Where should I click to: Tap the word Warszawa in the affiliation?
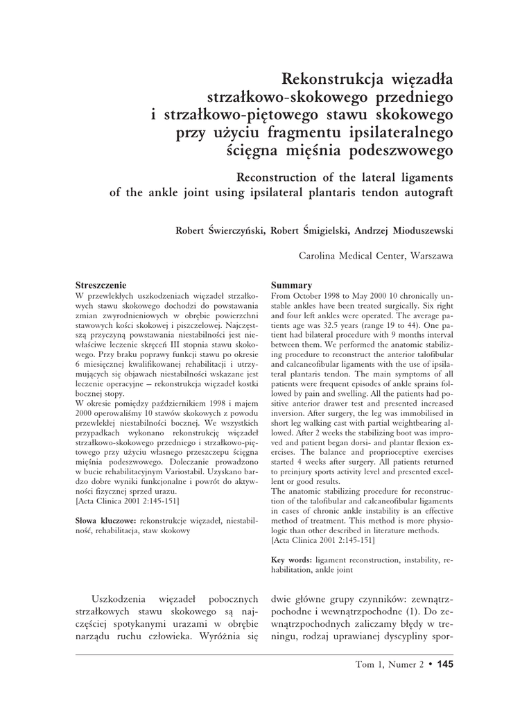coord(432,256)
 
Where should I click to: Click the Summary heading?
coord(290,285)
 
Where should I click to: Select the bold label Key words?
coord(291,559)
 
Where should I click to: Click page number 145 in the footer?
coord(444,665)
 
